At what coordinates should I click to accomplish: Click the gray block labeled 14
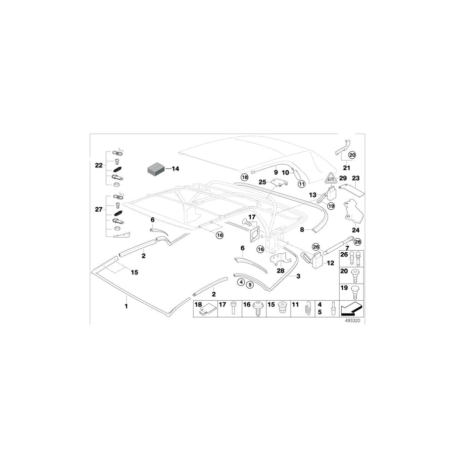[156, 169]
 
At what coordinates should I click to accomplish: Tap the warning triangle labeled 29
[330, 177]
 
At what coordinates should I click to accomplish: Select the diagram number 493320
[352, 321]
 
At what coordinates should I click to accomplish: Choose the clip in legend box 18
[207, 311]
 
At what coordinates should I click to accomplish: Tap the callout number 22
[99, 165]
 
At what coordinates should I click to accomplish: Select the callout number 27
[99, 209]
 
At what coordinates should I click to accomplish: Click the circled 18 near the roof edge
[245, 177]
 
